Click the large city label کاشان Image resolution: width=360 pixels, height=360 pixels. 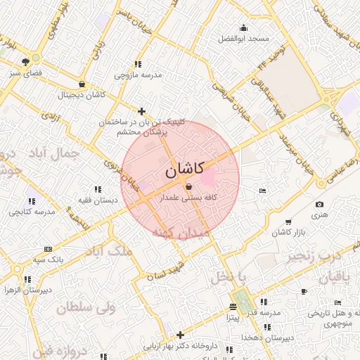(x=185, y=169)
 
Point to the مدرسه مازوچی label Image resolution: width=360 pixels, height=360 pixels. (x=139, y=74)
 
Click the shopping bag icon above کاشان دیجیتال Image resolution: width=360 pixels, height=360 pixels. (x=83, y=84)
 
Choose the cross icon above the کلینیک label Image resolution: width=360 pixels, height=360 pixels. (x=142, y=111)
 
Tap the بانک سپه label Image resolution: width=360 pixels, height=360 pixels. (x=48, y=259)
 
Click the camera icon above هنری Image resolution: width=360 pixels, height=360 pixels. (x=320, y=205)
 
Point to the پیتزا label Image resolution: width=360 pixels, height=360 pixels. (x=233, y=318)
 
